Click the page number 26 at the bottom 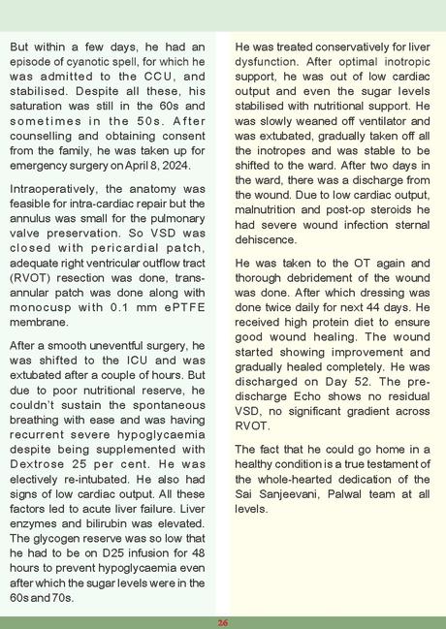223,622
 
